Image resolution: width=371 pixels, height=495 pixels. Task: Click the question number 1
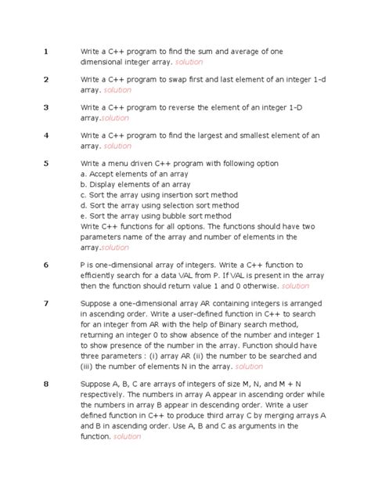coord(46,52)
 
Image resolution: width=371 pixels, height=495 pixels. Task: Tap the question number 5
coord(46,163)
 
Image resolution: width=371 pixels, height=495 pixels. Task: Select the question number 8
coord(46,384)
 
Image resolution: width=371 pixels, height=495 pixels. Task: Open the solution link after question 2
coord(117,90)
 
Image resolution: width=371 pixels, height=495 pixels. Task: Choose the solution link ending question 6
coord(296,287)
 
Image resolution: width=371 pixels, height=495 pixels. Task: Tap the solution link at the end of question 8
coord(127,436)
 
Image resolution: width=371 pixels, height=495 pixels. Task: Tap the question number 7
coord(46,302)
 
